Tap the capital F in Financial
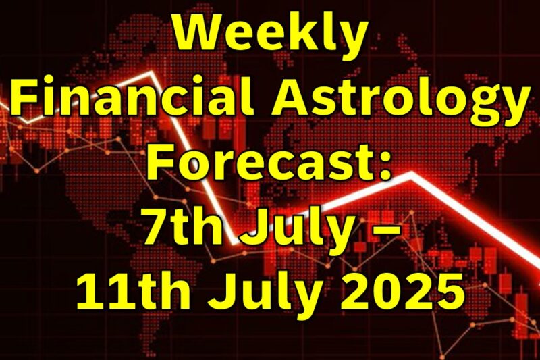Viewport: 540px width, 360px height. (x=25, y=100)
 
